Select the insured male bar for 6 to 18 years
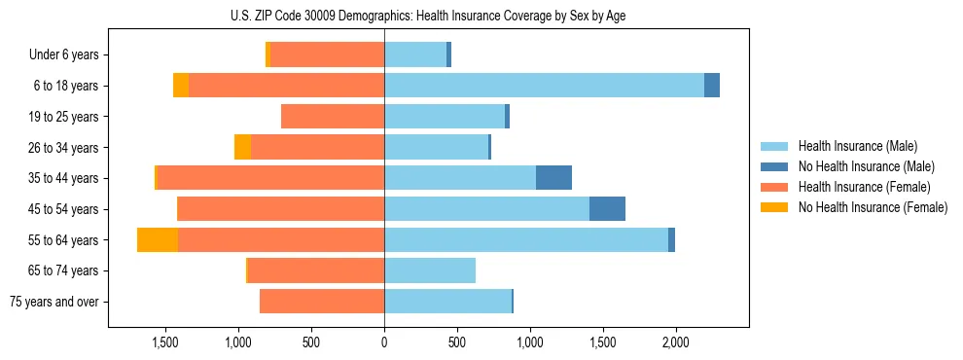[544, 86]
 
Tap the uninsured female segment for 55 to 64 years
[158, 240]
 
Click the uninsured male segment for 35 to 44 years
[553, 178]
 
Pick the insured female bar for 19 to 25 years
[333, 117]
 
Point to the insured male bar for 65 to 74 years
[430, 270]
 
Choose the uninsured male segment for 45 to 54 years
[607, 209]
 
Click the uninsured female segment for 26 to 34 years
[242, 147]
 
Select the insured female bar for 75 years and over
[322, 302]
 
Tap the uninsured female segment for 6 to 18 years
[181, 86]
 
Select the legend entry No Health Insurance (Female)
[873, 207]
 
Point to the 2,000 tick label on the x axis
[675, 342]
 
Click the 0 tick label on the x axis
[384, 342]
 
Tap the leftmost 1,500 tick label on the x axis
[165, 342]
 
